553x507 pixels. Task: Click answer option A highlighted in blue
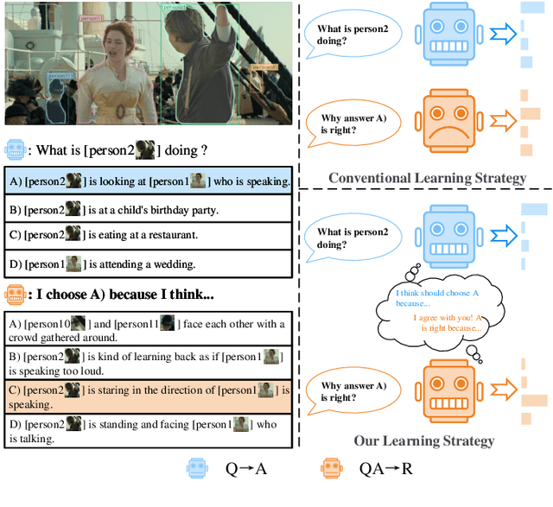[x=149, y=181]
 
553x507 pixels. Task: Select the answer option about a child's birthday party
[x=149, y=208]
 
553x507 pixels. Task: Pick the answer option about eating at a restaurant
[x=149, y=234]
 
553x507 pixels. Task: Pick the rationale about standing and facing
[x=149, y=430]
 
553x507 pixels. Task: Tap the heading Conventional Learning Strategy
[x=427, y=178]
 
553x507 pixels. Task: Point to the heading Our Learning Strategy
[x=423, y=440]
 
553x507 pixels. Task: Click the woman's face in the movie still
[x=118, y=38]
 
